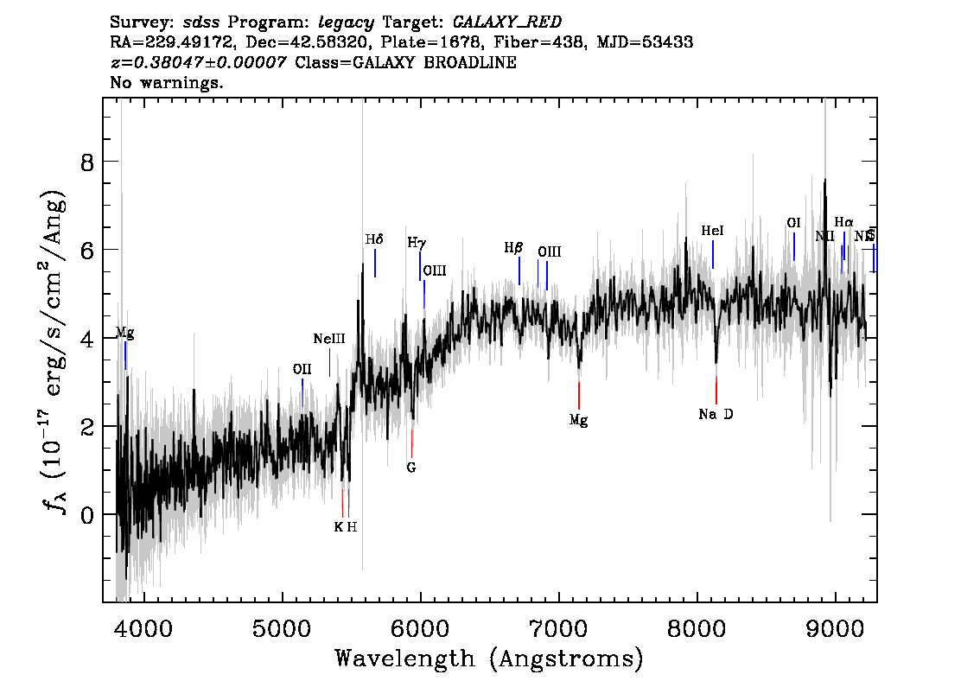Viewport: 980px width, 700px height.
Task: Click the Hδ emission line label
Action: click(x=373, y=239)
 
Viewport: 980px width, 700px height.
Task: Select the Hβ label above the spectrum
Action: click(x=513, y=248)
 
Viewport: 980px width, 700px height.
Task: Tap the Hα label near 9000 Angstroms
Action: click(x=843, y=222)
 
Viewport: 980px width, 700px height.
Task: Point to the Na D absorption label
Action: click(x=716, y=415)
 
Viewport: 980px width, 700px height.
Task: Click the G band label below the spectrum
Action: click(x=411, y=468)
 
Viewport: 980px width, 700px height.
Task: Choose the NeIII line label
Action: click(x=329, y=339)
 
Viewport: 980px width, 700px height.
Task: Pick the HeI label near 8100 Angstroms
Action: click(x=712, y=231)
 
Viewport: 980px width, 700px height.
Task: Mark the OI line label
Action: click(x=793, y=223)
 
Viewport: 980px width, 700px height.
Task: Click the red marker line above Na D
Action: click(x=716, y=390)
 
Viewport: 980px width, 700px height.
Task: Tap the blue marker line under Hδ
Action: click(x=375, y=263)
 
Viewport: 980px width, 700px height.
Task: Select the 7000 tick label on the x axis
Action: click(x=558, y=625)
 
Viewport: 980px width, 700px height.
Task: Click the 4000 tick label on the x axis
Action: click(x=143, y=625)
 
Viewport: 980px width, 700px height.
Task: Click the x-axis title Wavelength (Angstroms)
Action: click(x=489, y=659)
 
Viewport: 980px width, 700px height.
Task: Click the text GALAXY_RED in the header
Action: click(x=500, y=20)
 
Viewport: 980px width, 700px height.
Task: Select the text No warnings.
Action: click(x=167, y=84)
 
